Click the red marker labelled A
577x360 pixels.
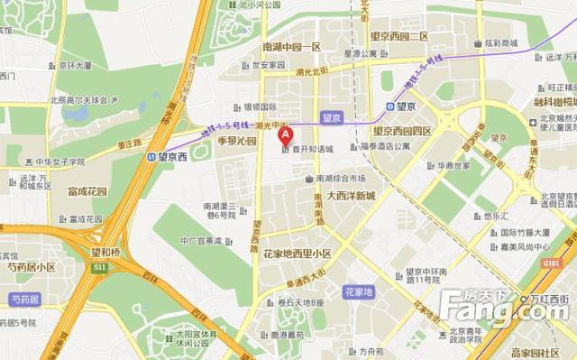[x=286, y=137]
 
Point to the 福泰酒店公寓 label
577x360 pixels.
[x=383, y=145]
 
